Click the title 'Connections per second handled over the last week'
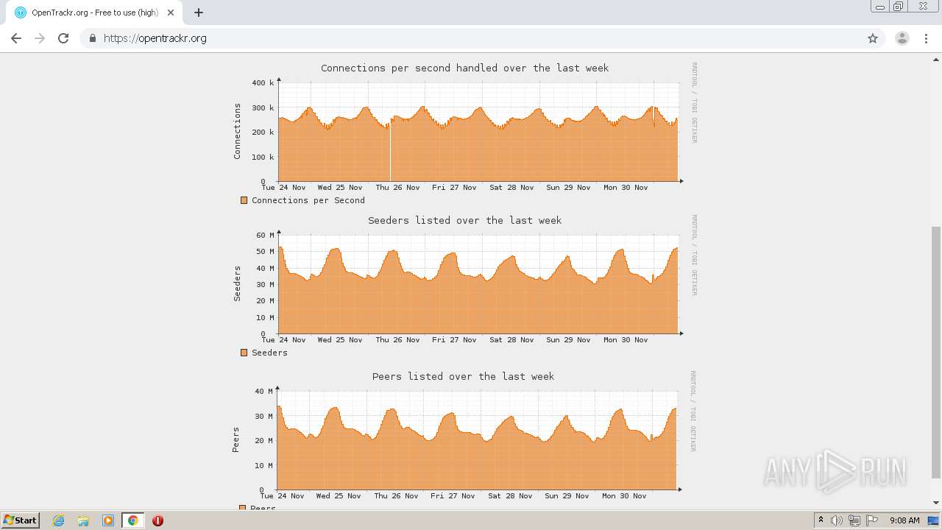coord(464,68)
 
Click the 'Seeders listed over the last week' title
coord(464,220)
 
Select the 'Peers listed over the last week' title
coord(463,376)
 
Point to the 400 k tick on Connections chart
coord(263,83)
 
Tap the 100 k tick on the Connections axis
coord(263,157)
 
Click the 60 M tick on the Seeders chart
coord(265,236)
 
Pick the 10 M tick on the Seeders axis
coord(265,318)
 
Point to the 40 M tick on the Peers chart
coord(263,391)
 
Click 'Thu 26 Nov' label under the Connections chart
coord(397,188)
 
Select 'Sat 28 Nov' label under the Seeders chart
coord(511,340)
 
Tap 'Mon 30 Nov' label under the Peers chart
coord(624,496)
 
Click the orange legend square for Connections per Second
coord(244,200)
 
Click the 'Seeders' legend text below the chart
coord(269,353)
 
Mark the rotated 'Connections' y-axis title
coord(237,131)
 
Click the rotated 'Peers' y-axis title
coord(236,439)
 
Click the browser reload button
coord(63,38)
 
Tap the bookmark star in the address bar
coord(873,38)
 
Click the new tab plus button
coord(199,13)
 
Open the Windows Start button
coord(20,520)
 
